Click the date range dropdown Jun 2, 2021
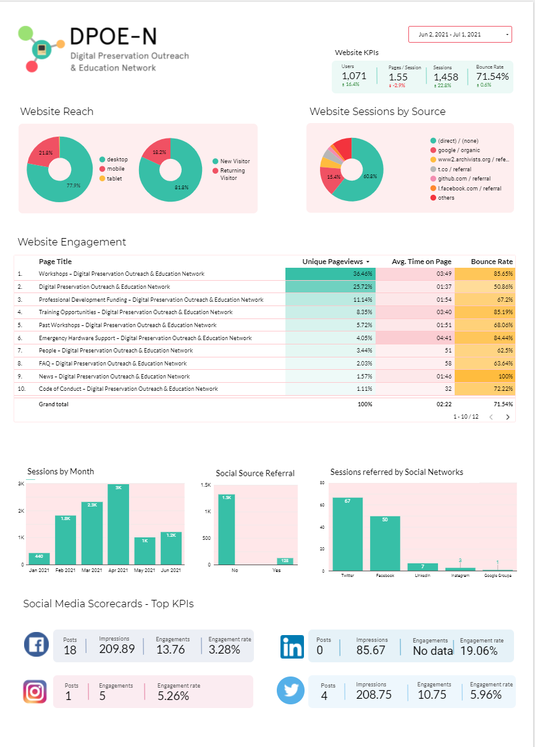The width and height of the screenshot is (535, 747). (460, 35)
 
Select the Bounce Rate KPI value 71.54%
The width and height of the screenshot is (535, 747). (492, 77)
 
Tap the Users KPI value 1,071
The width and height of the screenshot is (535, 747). (354, 76)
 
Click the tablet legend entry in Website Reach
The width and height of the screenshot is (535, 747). (114, 179)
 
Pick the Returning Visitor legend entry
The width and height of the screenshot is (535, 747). (232, 174)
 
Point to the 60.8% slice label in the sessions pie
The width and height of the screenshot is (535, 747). (369, 176)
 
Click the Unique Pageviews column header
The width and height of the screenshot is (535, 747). (333, 262)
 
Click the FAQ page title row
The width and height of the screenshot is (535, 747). (112, 364)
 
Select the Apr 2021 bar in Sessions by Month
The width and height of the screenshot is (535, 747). (118, 524)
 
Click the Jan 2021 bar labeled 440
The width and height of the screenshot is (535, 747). (39, 558)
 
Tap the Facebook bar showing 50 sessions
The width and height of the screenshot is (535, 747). (385, 543)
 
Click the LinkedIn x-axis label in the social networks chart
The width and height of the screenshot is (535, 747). (423, 575)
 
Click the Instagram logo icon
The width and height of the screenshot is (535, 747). (35, 691)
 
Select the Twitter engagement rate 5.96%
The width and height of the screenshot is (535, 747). (491, 694)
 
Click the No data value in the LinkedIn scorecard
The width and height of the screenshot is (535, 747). (432, 651)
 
